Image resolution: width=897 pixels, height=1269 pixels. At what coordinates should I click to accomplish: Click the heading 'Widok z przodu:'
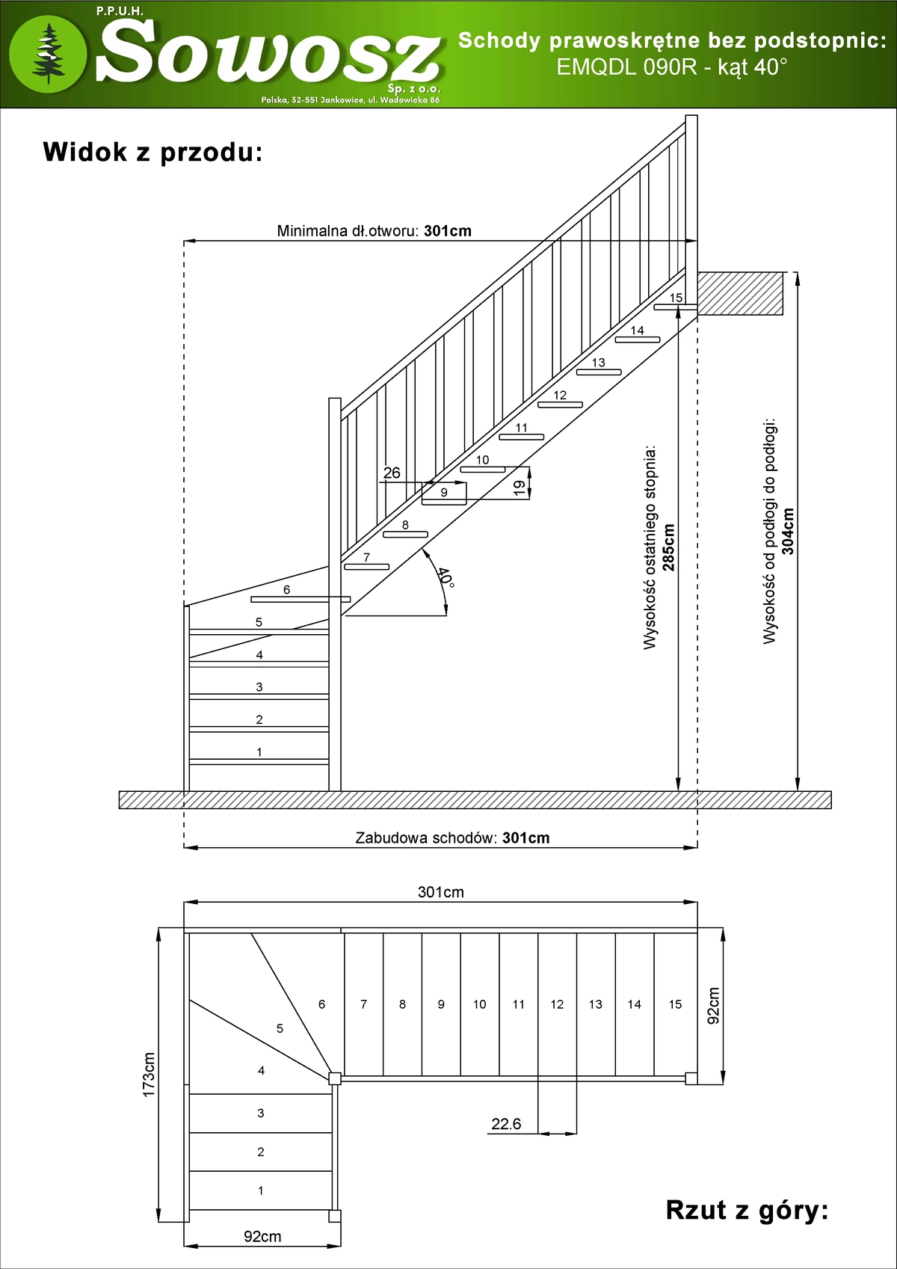[x=152, y=152]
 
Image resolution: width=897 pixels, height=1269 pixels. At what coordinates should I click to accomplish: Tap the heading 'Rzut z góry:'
[x=747, y=1209]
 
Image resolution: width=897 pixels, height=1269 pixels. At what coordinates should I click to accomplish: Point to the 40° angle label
[x=445, y=577]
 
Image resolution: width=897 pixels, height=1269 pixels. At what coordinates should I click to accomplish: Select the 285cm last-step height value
[x=668, y=547]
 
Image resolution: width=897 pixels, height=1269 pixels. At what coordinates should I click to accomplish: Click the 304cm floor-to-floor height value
[x=788, y=531]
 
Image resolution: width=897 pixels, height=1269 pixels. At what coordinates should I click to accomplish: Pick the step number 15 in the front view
[x=676, y=298]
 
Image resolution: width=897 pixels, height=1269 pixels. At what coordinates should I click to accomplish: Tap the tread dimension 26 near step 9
[x=392, y=473]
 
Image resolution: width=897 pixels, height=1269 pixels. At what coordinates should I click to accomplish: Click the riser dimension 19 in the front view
[x=520, y=488]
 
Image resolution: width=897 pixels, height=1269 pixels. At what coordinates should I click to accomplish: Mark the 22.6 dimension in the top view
[x=506, y=1124]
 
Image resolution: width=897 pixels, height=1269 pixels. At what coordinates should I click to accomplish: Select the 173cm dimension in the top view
[x=149, y=1075]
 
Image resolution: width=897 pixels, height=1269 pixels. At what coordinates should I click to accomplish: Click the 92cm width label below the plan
[x=262, y=1237]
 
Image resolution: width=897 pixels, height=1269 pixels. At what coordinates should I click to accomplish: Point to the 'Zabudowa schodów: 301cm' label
[x=452, y=838]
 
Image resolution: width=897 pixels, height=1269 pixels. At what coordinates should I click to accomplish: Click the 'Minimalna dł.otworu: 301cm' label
[x=374, y=230]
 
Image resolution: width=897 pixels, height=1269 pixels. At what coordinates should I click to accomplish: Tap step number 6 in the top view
[x=321, y=1004]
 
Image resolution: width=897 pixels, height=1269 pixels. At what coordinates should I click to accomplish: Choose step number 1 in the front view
[x=259, y=752]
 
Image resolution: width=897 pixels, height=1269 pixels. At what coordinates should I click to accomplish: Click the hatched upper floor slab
[x=740, y=293]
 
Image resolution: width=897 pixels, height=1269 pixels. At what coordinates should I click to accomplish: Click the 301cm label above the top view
[x=440, y=892]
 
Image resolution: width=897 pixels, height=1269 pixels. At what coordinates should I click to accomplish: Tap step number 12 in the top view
[x=557, y=1004]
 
